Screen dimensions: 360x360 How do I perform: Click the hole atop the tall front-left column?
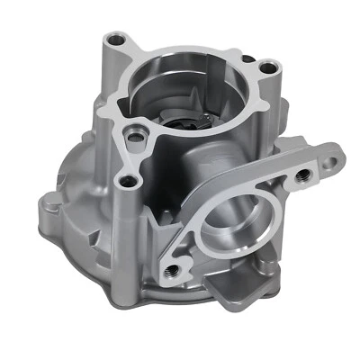[x=130, y=183]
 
